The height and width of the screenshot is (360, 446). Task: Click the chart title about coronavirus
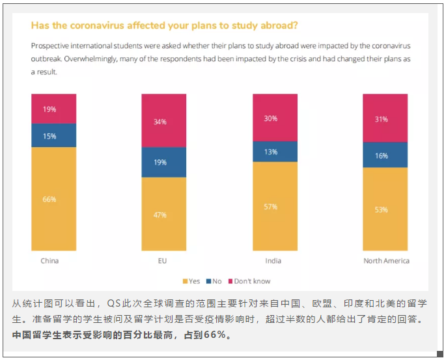pyautogui.click(x=164, y=26)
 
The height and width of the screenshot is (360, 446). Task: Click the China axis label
pyautogui.click(x=49, y=261)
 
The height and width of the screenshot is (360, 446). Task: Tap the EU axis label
pyautogui.click(x=163, y=261)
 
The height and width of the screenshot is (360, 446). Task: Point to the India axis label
pyautogui.click(x=273, y=261)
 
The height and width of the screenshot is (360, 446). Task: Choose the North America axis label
pyautogui.click(x=386, y=261)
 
